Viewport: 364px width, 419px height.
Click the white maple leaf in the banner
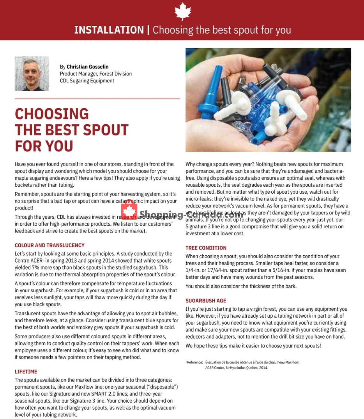tap(183, 11)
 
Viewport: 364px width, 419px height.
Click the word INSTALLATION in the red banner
tap(109, 30)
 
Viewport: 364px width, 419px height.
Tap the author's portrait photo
tap(32, 73)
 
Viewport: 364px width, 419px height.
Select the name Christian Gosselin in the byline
tap(87, 67)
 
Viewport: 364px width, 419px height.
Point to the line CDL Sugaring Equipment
tap(87, 81)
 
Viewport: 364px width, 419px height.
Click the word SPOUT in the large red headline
tap(106, 130)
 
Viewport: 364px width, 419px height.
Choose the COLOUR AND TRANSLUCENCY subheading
tap(49, 245)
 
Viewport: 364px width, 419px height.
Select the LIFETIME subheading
tap(26, 371)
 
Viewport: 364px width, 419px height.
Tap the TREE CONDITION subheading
tap(206, 248)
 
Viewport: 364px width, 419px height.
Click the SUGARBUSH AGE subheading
tap(206, 300)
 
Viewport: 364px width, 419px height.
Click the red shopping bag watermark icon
tap(129, 210)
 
